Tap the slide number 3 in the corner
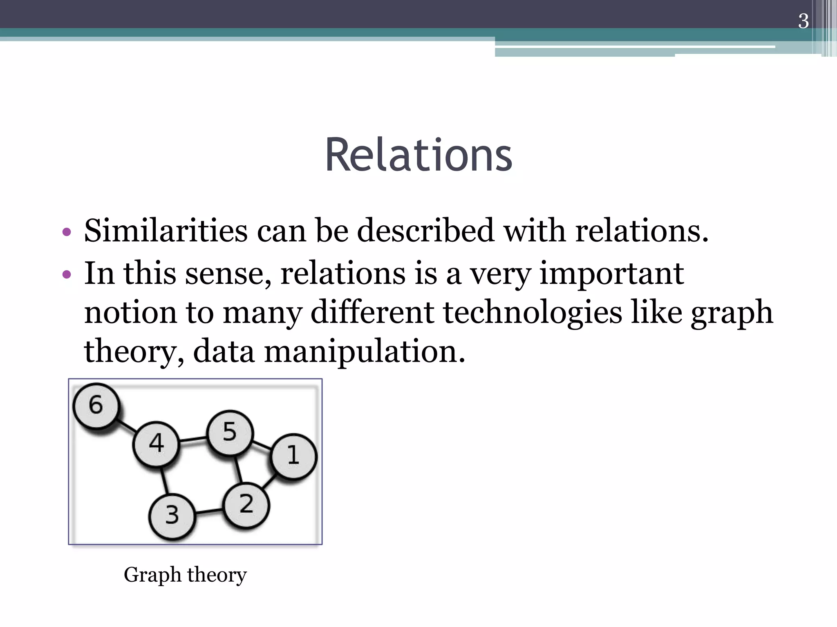tap(803, 21)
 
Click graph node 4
tap(156, 444)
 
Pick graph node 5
tap(230, 433)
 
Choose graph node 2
tap(246, 505)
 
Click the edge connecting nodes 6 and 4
tap(127, 425)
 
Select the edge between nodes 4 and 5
tap(193, 440)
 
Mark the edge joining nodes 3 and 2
tap(209, 511)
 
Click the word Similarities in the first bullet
tap(166, 231)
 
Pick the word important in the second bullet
tap(611, 273)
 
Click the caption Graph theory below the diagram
tap(185, 575)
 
